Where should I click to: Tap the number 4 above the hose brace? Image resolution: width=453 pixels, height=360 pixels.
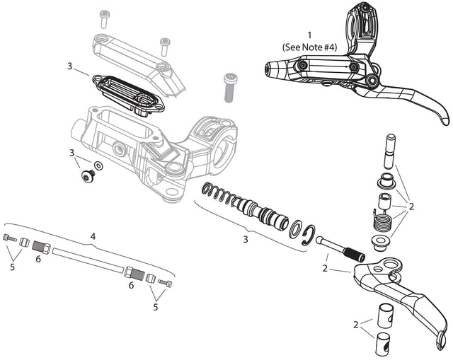click(92, 236)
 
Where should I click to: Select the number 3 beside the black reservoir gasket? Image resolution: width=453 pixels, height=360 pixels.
click(70, 66)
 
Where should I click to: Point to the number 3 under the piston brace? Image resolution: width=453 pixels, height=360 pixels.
click(246, 239)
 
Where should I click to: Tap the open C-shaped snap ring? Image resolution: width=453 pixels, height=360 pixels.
click(308, 236)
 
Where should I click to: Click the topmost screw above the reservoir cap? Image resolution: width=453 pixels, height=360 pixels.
click(105, 16)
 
